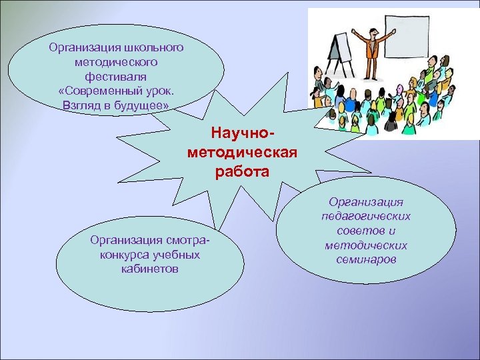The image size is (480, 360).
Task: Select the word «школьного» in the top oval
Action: click(155, 47)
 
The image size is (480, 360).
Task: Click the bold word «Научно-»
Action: click(241, 137)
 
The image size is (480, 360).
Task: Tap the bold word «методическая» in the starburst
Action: click(242, 155)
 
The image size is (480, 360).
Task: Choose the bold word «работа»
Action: click(242, 172)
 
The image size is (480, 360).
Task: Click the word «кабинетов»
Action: click(150, 269)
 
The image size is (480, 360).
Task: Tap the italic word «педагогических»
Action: click(366, 216)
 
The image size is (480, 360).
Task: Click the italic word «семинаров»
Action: click(366, 259)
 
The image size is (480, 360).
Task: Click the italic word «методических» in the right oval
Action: click(366, 245)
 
